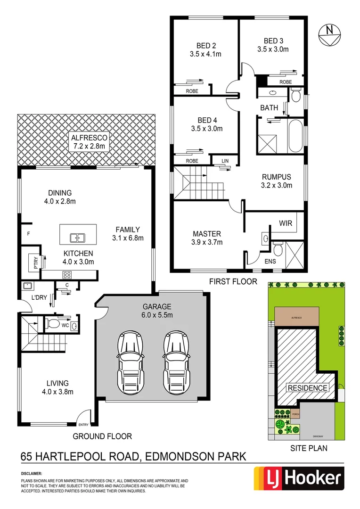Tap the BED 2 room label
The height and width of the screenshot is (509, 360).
[x=206, y=46]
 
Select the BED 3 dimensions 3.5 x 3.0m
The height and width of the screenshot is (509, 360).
[x=273, y=49]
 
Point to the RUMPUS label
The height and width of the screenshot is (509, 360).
[x=277, y=177]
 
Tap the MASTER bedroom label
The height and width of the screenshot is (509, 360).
[x=206, y=234]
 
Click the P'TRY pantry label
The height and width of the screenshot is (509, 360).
[x=36, y=262]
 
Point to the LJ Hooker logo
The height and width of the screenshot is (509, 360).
[x=297, y=479]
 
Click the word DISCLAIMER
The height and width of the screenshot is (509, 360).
[x=32, y=473]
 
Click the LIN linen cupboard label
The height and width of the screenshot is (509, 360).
[x=225, y=161]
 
